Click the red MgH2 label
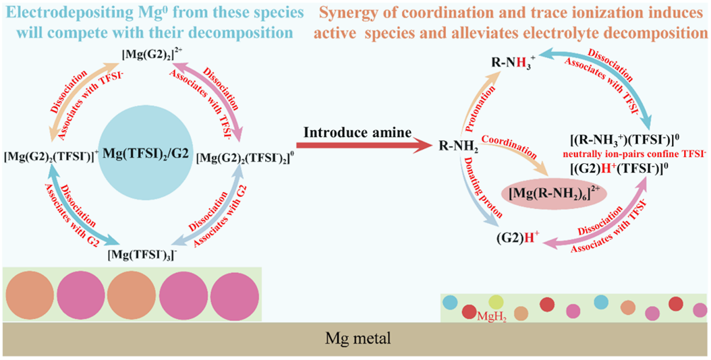[x=491, y=316]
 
